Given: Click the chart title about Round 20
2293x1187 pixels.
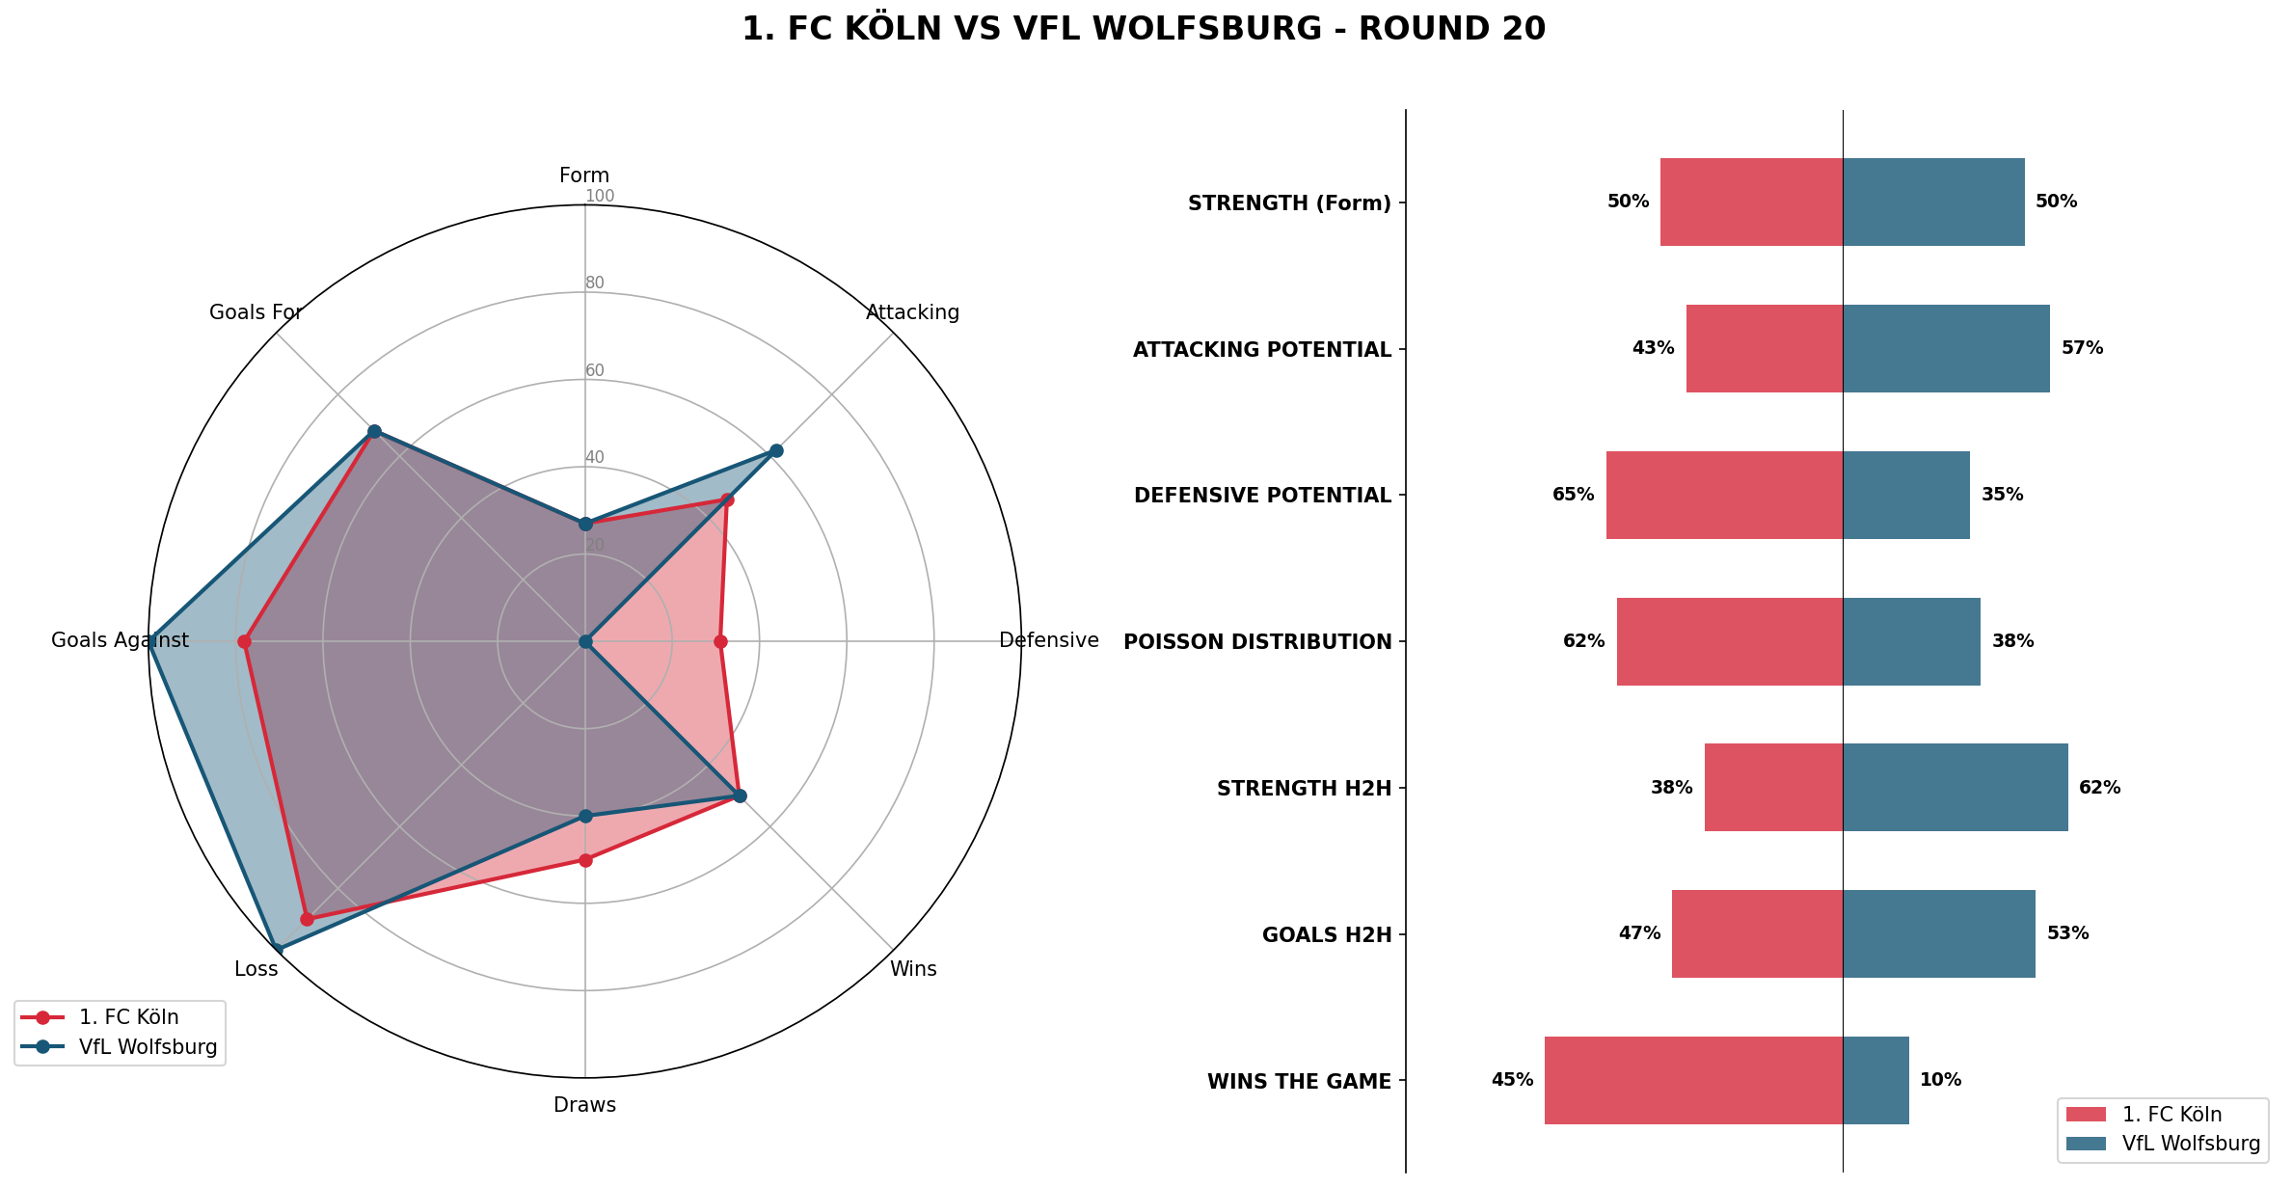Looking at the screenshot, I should click(1144, 29).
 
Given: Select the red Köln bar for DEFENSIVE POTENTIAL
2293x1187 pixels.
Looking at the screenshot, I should click(1724, 495).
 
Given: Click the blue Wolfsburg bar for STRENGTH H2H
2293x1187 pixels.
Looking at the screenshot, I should click(1955, 787).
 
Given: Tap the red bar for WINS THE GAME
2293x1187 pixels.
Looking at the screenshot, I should click(1693, 1080).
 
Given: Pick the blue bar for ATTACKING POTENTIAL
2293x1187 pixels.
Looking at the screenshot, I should click(1946, 348).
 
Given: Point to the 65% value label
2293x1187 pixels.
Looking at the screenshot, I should click(1573, 495).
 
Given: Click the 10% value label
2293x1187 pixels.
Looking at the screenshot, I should click(1940, 1080).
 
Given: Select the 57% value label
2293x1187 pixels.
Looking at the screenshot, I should click(2082, 348).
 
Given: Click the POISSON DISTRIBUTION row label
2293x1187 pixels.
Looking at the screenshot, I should click(1257, 642).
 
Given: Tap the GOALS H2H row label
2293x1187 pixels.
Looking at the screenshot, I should click(1327, 934).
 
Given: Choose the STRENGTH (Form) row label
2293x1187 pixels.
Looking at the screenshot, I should click(1289, 203).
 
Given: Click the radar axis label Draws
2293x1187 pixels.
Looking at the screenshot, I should click(584, 1105).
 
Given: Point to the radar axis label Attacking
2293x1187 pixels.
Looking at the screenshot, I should click(912, 312).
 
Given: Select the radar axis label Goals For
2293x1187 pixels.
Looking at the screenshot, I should click(256, 312).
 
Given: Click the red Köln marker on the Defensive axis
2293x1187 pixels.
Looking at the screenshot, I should click(719, 641).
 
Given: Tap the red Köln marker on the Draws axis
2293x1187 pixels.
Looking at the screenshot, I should click(584, 859).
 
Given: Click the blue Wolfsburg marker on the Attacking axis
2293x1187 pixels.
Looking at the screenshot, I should click(776, 450).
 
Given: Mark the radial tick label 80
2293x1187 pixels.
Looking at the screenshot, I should click(595, 283).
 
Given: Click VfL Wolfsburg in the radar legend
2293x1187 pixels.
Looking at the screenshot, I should click(148, 1047).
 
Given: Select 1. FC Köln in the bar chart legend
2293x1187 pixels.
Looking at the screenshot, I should click(2172, 1115).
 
